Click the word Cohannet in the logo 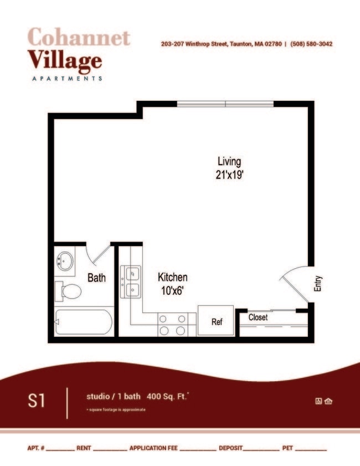[78, 38]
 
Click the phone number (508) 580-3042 [311, 44]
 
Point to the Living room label [229, 162]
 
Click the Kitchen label [172, 277]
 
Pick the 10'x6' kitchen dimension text [172, 289]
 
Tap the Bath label [97, 278]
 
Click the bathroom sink [65, 260]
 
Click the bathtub [84, 322]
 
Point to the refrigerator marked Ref [217, 321]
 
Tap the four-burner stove [173, 325]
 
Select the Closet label [258, 318]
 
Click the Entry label [318, 284]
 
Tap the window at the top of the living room [225, 104]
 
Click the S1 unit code [37, 401]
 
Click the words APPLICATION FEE [153, 448]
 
